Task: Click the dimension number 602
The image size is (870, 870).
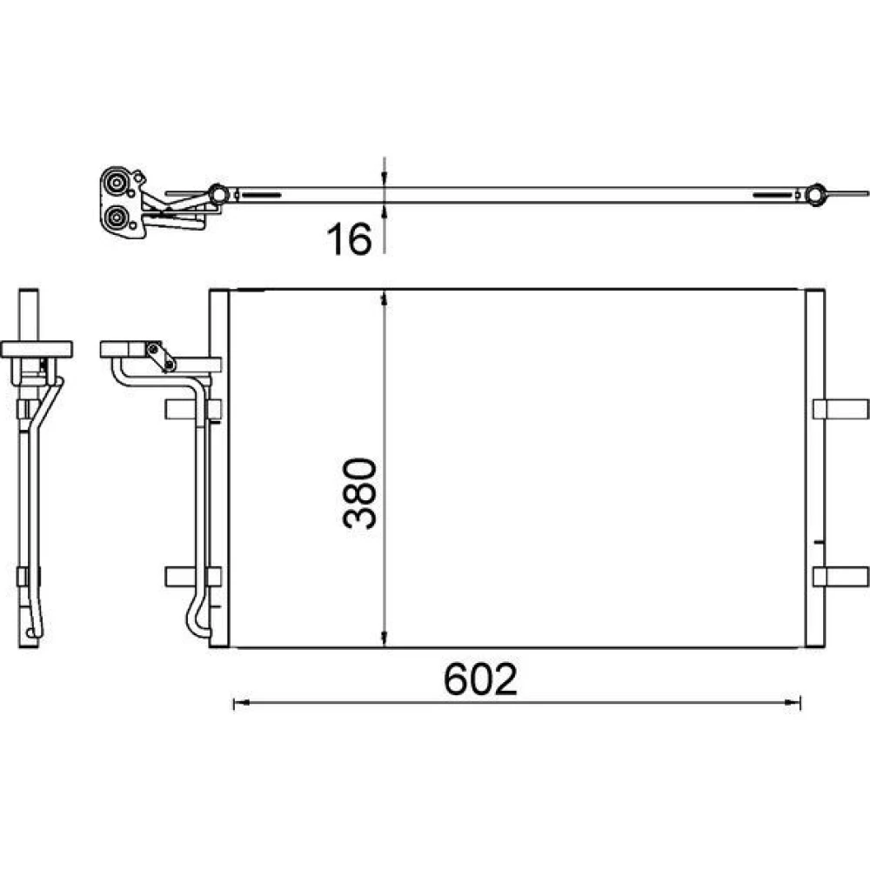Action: pos(480,679)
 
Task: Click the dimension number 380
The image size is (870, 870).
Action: pos(360,493)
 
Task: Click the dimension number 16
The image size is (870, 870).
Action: pos(349,239)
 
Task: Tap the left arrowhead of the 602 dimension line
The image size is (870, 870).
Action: pos(241,703)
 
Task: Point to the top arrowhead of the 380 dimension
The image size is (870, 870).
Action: pos(384,299)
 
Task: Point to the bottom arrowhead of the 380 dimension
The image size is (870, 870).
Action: pos(384,639)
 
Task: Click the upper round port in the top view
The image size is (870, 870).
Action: pos(116,183)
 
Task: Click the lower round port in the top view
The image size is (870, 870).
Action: pos(116,217)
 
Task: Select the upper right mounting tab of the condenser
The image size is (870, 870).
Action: pos(840,409)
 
